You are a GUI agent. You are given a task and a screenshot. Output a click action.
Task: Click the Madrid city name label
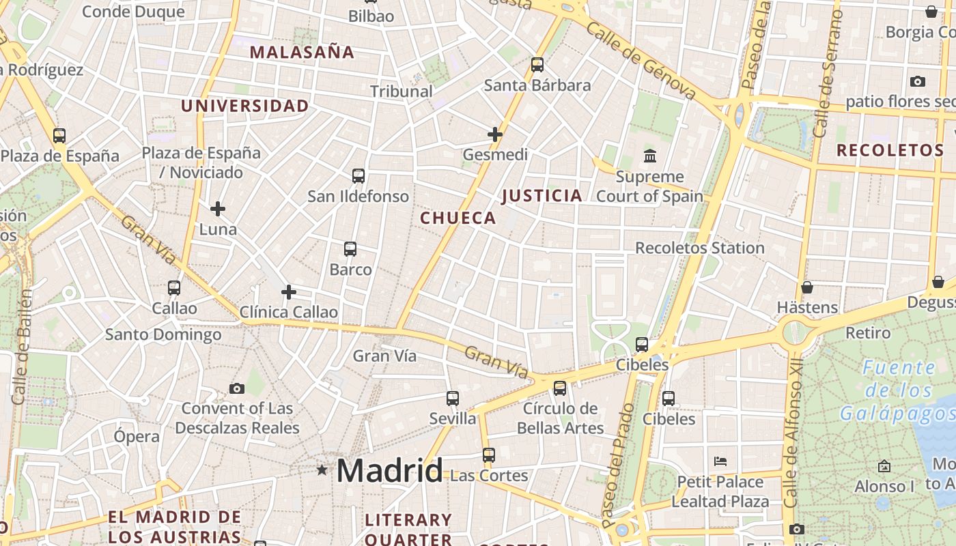tap(389, 470)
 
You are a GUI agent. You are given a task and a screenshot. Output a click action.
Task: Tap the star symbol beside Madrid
tap(322, 470)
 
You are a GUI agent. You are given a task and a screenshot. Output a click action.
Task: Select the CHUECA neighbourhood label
tap(458, 218)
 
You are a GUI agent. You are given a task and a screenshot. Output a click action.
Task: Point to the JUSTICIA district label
tap(542, 197)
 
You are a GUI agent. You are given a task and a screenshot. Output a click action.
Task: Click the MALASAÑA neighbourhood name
tap(302, 53)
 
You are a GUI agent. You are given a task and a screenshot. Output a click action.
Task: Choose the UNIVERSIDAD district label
tap(244, 106)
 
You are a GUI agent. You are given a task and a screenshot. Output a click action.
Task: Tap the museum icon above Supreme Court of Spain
tap(650, 156)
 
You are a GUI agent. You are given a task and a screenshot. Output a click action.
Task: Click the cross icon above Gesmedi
tap(495, 134)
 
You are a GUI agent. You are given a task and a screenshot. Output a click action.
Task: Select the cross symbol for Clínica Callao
tap(289, 292)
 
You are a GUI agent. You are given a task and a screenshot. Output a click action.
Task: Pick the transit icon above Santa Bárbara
tap(537, 65)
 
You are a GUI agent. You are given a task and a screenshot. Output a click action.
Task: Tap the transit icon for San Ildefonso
tap(358, 176)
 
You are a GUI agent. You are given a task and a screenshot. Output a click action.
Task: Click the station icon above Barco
tap(350, 249)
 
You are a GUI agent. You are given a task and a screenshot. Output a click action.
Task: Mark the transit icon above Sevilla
tap(453, 398)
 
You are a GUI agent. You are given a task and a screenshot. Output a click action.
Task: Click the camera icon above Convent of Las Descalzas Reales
tap(237, 388)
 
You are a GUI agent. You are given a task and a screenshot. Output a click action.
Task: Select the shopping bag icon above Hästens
tap(807, 287)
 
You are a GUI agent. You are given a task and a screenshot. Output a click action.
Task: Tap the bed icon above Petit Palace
tap(720, 461)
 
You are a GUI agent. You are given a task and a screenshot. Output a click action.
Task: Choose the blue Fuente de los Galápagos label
tap(898, 391)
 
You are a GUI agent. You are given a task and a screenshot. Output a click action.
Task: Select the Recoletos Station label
tap(700, 248)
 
